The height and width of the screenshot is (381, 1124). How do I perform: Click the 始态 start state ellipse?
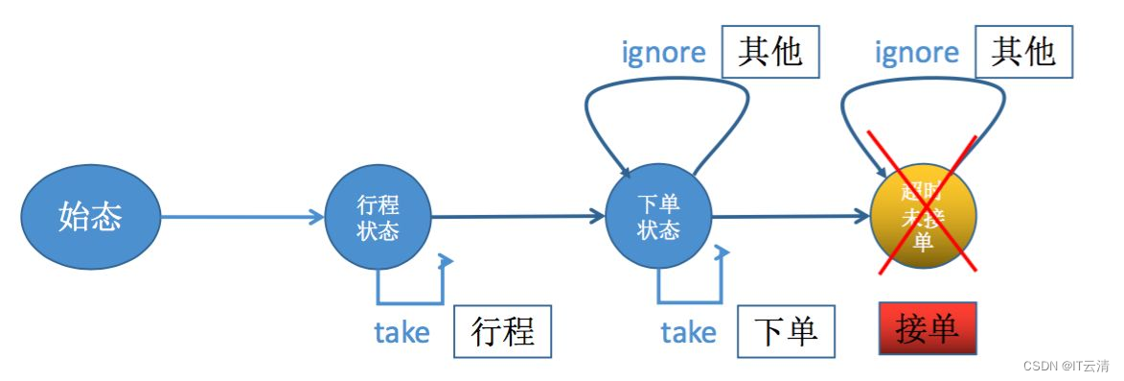point(90,217)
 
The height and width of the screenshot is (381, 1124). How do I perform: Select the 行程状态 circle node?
point(378,219)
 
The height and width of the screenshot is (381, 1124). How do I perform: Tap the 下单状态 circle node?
point(658,219)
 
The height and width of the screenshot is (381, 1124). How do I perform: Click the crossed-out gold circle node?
point(922,217)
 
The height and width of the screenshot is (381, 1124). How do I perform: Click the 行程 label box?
point(503,332)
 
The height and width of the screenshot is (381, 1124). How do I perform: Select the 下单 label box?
point(786,332)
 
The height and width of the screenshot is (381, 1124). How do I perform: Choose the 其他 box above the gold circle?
point(1022,52)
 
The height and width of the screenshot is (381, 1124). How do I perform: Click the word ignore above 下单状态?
point(663,54)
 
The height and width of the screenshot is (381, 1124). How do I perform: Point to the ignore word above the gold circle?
point(916,54)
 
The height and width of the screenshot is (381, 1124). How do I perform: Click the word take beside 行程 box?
point(401,333)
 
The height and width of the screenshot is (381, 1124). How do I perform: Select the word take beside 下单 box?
point(688,333)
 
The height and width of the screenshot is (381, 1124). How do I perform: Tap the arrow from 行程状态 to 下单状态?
point(517,218)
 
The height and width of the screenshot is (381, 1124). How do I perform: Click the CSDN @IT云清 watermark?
point(1066,367)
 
